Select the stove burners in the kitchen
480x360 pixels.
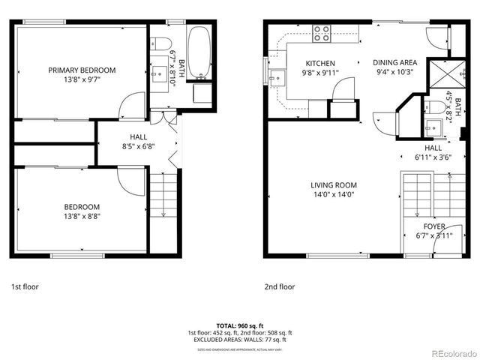tap(322, 32)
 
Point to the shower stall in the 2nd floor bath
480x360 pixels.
tap(438, 75)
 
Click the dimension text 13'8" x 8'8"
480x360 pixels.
tap(82, 216)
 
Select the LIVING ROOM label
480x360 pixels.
tap(334, 185)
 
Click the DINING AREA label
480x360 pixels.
tap(394, 64)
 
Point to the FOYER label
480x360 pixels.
tap(434, 226)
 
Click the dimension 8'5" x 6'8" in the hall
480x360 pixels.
tap(139, 147)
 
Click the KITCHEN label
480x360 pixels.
tap(320, 64)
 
